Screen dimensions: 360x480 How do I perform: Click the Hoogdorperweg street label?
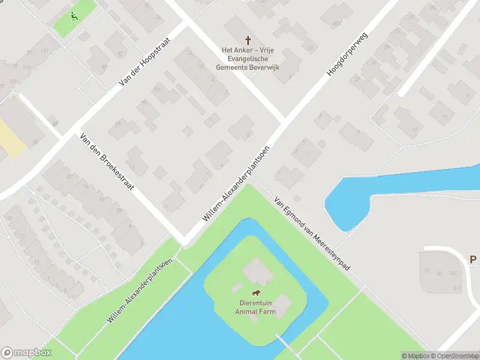[346, 55]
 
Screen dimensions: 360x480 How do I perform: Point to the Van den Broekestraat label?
[106, 162]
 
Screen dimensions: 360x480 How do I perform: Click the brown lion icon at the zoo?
[256, 293]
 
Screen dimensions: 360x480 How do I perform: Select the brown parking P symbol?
[473, 260]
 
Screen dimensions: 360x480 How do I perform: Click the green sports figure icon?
[74, 16]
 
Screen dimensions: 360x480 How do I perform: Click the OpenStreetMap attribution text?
[457, 356]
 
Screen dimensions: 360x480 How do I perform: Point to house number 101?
[157, 90]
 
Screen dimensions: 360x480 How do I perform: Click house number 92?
[118, 124]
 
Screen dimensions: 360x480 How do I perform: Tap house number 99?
[143, 103]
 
